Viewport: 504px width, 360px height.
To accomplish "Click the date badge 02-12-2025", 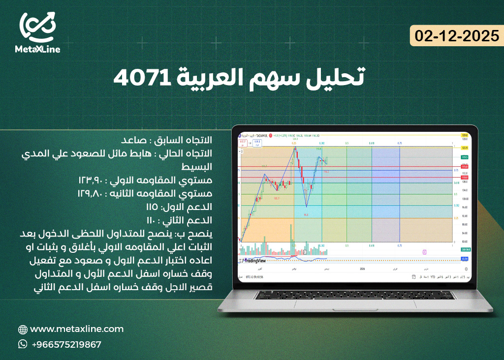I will (x=456, y=36).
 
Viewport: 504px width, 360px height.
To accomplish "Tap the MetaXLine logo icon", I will (x=37, y=27).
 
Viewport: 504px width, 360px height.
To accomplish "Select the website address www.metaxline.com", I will (x=77, y=329).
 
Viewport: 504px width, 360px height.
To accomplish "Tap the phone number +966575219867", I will (x=66, y=344).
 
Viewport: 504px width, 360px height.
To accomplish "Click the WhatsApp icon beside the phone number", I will (x=23, y=344).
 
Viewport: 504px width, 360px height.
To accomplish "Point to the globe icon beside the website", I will (x=23, y=329).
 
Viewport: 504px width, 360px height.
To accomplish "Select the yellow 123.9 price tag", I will (x=464, y=147).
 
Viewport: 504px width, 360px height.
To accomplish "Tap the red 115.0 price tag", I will (x=464, y=167).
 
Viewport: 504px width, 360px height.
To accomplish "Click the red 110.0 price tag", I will (x=464, y=177).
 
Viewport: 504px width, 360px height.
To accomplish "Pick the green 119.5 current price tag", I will (x=464, y=157).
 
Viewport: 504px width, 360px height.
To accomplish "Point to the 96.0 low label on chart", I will (x=306, y=214).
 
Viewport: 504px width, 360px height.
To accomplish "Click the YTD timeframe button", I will (x=433, y=277).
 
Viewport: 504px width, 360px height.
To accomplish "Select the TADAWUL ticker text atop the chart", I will (x=261, y=135).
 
